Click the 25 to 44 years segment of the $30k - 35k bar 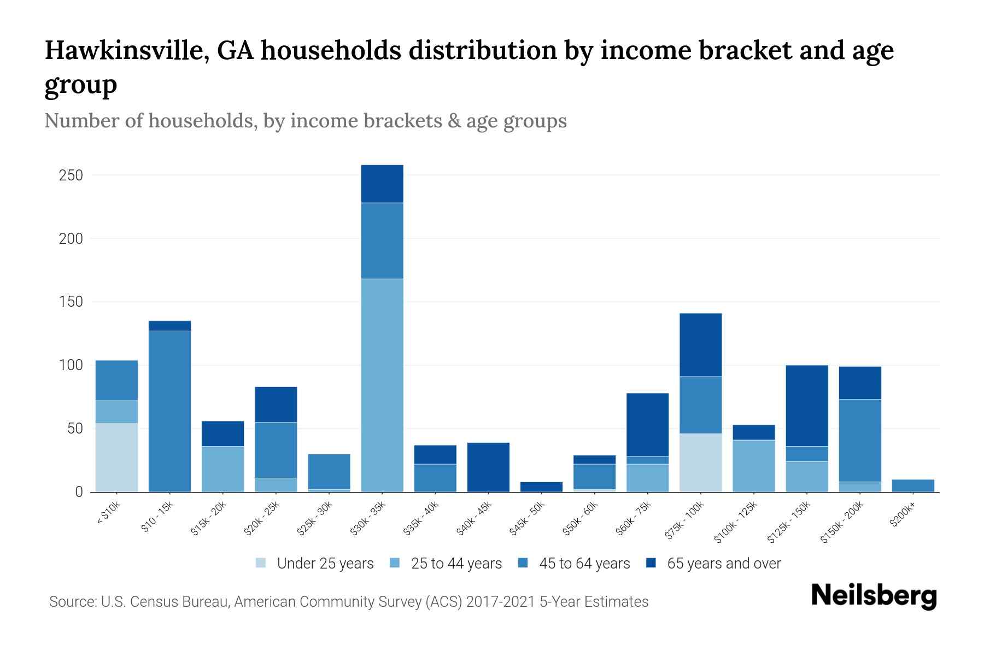point(382,385)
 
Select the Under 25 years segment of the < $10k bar point(116,458)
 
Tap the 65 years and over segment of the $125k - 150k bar point(807,406)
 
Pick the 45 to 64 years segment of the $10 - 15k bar point(169,411)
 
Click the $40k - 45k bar point(488,467)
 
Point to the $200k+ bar point(913,485)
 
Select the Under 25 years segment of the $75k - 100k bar point(700,462)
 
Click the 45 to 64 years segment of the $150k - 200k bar point(860,441)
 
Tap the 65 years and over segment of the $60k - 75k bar point(647,425)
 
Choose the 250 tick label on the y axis point(72,175)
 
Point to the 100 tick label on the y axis point(72,365)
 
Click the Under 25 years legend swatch point(261,563)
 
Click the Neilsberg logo point(874,596)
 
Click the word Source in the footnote point(71,602)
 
